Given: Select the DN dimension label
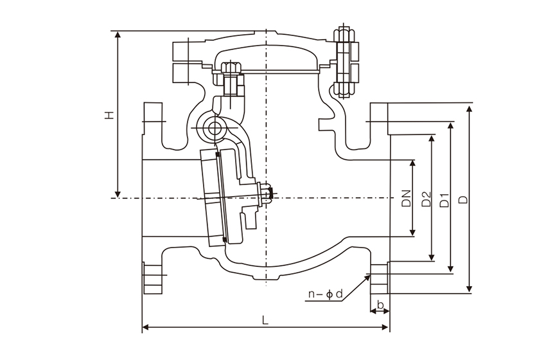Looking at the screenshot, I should (x=406, y=198).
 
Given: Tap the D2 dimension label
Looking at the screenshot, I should (x=425, y=199).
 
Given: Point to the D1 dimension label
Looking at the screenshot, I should (x=445, y=200).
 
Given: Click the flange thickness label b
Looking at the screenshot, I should (x=380, y=304).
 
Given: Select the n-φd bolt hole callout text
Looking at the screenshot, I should (x=325, y=294).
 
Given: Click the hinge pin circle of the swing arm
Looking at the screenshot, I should (x=213, y=128).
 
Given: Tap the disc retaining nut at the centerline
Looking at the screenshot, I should (x=266, y=192).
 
